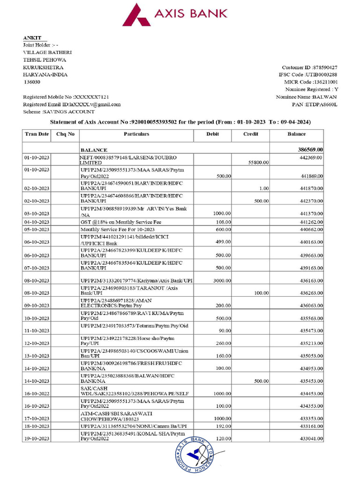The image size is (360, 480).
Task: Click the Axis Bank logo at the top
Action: pos(174,15)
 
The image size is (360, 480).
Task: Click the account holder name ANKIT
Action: pos(32,37)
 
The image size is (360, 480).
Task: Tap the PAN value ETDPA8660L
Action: pos(321,104)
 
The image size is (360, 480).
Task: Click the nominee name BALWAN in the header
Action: pos(325,97)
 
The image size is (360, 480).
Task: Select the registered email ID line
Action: pos(72,105)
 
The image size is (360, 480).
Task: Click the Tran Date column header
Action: pos(37,134)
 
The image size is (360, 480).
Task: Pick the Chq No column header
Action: pos(65,134)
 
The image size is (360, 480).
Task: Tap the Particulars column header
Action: pos(136,134)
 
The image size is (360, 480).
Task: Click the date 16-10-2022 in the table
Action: pos(37,394)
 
